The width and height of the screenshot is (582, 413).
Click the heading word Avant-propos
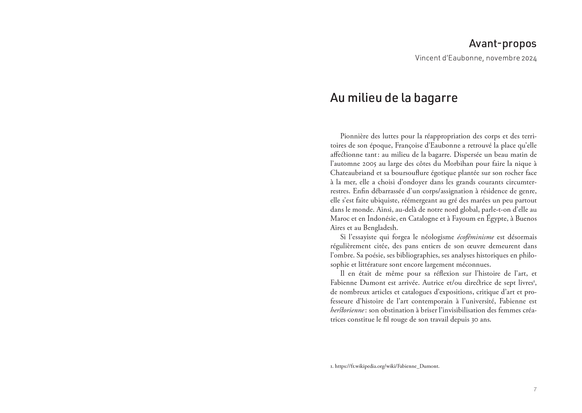point(502,44)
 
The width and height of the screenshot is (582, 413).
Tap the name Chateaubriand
point(352,173)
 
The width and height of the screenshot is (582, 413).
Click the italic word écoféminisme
point(475,237)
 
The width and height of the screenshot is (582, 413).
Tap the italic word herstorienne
point(348,311)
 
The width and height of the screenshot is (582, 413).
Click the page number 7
point(535,389)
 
